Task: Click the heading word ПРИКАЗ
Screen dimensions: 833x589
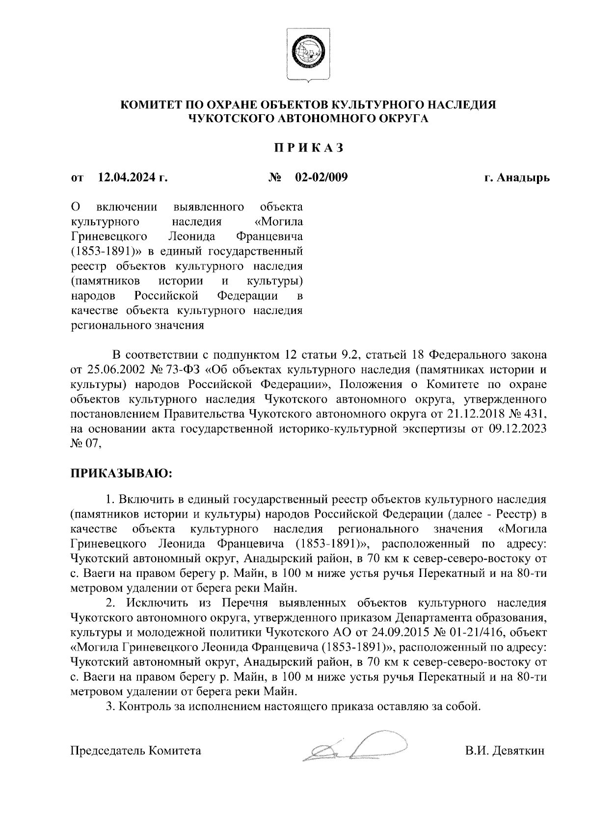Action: [x=309, y=148]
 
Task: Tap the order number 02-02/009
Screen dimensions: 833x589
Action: [x=321, y=178]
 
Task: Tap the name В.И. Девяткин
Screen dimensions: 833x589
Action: [x=505, y=751]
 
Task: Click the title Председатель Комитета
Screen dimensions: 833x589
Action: [x=136, y=751]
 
